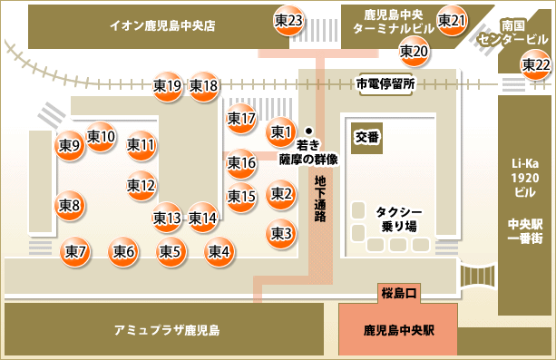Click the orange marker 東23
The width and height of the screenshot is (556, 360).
coord(288,21)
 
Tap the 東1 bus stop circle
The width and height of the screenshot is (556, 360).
coord(281,133)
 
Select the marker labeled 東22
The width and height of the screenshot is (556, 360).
coord(535,64)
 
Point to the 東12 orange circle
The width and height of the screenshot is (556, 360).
coord(141,186)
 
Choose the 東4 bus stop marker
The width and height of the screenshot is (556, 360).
coord(219,251)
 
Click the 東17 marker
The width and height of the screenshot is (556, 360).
coord(241,118)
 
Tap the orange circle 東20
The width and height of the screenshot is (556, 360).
coord(414,52)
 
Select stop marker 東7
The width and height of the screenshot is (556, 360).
coord(75,251)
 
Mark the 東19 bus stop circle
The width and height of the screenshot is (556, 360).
coord(167,86)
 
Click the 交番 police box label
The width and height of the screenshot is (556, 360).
coord(366,137)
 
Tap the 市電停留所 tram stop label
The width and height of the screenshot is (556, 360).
coord(385,83)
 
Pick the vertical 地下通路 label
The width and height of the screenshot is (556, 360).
coord(321,199)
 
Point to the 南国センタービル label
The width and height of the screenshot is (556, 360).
coord(525,34)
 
